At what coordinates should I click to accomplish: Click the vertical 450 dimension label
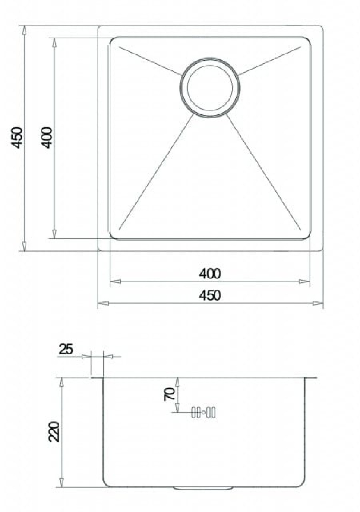coord(18,138)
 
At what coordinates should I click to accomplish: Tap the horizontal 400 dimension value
coord(209,274)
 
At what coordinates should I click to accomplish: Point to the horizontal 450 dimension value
coord(209,295)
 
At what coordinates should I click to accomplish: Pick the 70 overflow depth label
coord(170,394)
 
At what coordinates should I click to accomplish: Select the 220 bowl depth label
coord(54,431)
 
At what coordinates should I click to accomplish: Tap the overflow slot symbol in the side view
coord(203,413)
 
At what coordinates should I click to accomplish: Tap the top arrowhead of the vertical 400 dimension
coord(54,42)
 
